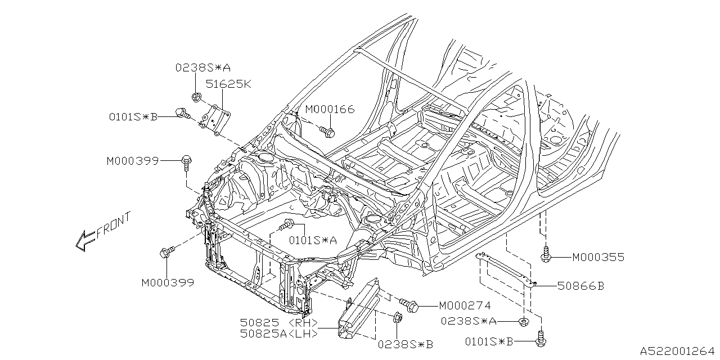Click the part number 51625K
[x=228, y=85]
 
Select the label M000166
[x=330, y=109]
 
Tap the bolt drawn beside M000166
[x=328, y=132]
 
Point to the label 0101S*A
[x=313, y=240]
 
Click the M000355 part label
[x=598, y=258]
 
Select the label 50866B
[x=580, y=286]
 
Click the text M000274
[x=465, y=306]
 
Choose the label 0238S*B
[x=406, y=343]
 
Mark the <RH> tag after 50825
[x=305, y=323]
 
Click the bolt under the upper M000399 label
[x=186, y=163]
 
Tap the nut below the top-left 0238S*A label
[x=196, y=98]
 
